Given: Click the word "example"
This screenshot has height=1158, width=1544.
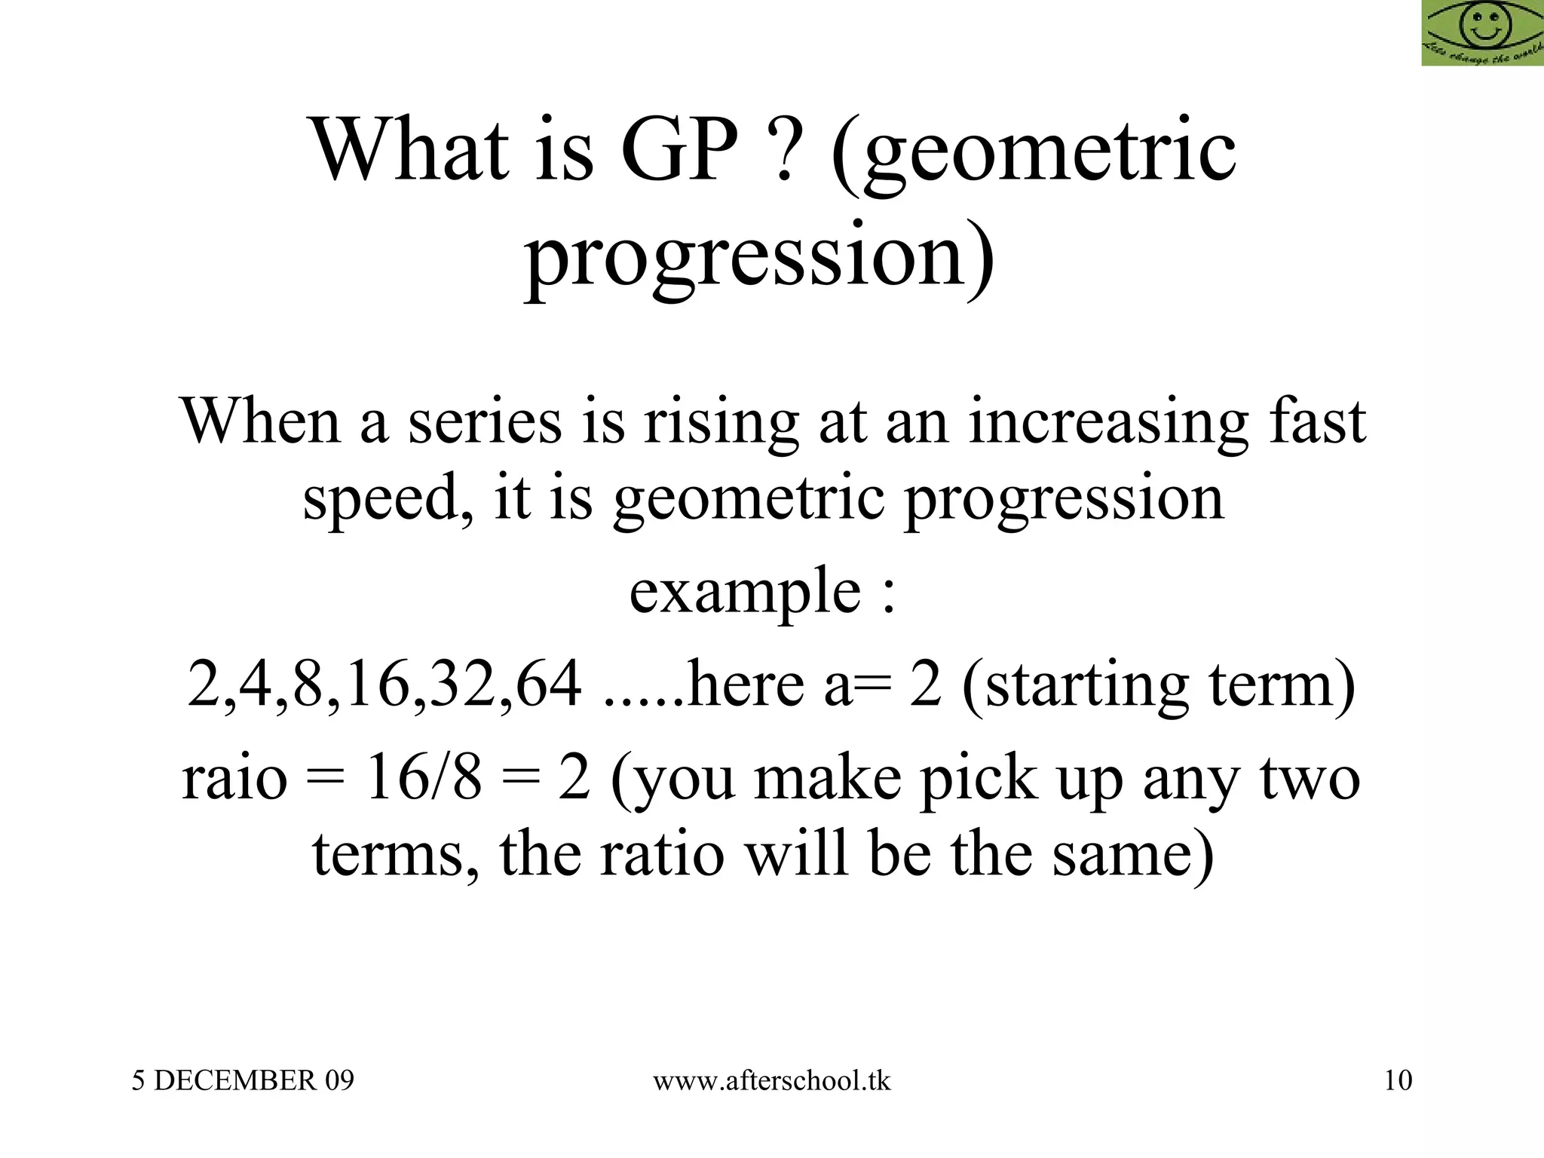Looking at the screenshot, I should coord(745,593).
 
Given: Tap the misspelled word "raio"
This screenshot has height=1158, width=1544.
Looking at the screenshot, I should coord(234,778).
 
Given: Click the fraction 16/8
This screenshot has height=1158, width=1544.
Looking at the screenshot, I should coord(422,778).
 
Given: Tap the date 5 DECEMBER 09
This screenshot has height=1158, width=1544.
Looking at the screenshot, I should coord(243,1081).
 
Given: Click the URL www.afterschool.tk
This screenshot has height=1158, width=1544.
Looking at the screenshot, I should coord(771,1081).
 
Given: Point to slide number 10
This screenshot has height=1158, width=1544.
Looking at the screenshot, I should coord(1398,1081).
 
